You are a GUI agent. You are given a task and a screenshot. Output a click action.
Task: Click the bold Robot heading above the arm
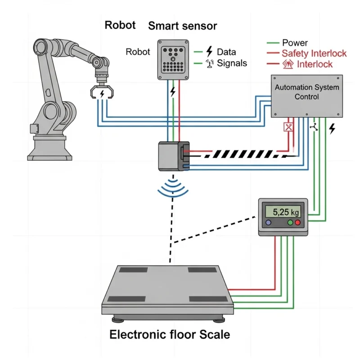click(x=120, y=25)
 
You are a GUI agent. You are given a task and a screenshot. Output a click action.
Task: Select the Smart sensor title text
click(x=182, y=26)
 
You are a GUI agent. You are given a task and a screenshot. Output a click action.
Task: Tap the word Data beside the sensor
click(x=226, y=52)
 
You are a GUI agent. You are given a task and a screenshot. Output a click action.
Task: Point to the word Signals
click(x=232, y=63)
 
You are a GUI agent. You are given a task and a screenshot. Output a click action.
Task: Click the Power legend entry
click(x=295, y=43)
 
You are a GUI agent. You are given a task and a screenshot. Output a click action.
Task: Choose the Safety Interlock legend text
click(x=314, y=54)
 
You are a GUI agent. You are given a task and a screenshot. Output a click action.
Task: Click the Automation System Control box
click(x=307, y=95)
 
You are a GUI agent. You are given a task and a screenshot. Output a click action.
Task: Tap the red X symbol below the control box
click(x=288, y=127)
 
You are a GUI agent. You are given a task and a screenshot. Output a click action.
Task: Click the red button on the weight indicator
click(x=297, y=223)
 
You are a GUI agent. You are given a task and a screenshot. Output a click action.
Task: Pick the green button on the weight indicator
click(x=290, y=223)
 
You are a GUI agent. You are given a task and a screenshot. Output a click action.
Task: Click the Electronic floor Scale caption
click(x=170, y=335)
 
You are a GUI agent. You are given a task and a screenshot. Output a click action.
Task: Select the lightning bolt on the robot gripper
click(x=102, y=93)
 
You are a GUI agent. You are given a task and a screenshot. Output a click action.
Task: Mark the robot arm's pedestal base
click(x=49, y=146)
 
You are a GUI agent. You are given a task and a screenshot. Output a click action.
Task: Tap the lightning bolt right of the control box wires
click(x=332, y=129)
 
